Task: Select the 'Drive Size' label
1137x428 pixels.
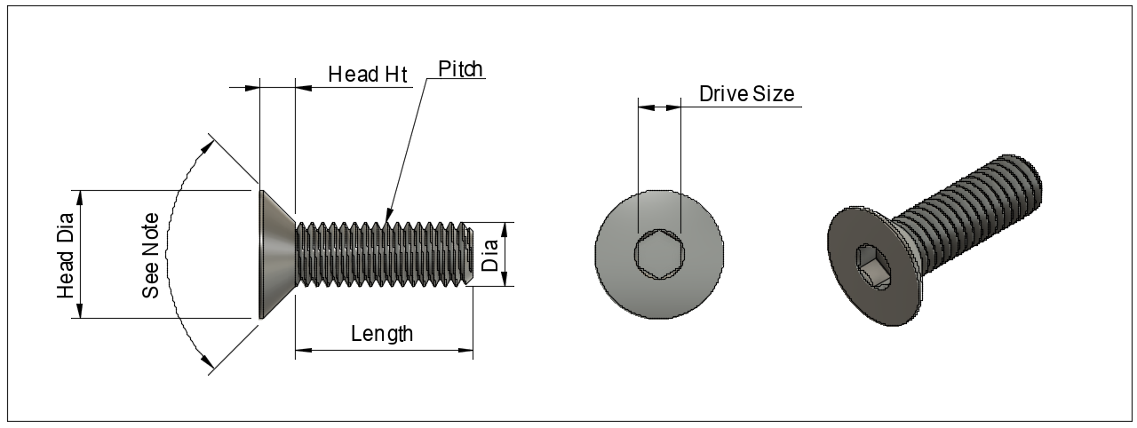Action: [746, 94]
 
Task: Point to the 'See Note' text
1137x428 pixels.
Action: [151, 256]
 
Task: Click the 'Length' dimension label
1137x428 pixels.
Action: [382, 334]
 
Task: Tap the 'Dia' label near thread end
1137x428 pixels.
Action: [489, 255]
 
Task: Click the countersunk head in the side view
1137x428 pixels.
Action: [275, 254]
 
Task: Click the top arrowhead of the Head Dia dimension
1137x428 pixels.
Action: [81, 196]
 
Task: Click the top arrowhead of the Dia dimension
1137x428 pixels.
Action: [505, 228]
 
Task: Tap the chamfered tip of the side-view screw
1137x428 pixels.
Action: [468, 254]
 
